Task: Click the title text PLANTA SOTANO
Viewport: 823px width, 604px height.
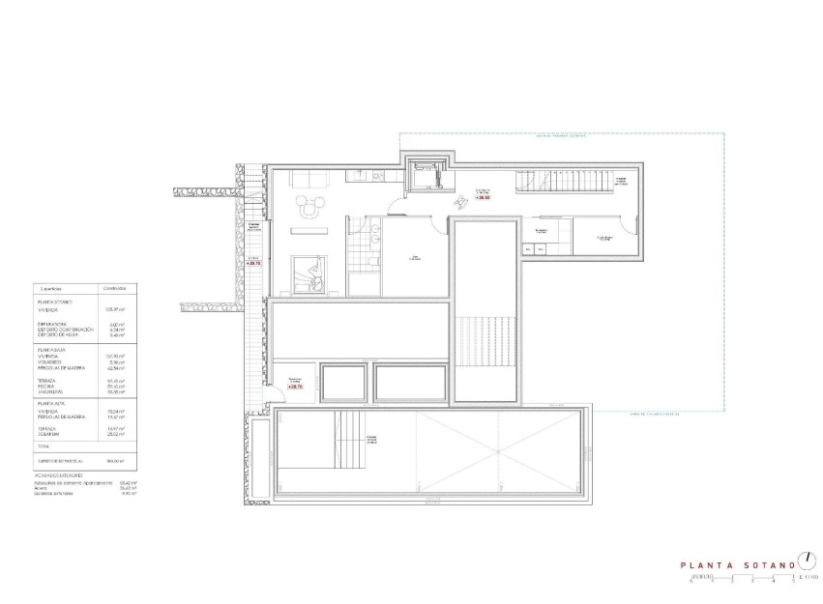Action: click(737, 565)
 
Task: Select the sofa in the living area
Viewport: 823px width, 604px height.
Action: click(310, 178)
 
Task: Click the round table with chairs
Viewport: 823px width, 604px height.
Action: click(310, 206)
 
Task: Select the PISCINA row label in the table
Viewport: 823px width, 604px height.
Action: click(48, 387)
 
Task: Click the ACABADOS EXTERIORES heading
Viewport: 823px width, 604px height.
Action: click(59, 475)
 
